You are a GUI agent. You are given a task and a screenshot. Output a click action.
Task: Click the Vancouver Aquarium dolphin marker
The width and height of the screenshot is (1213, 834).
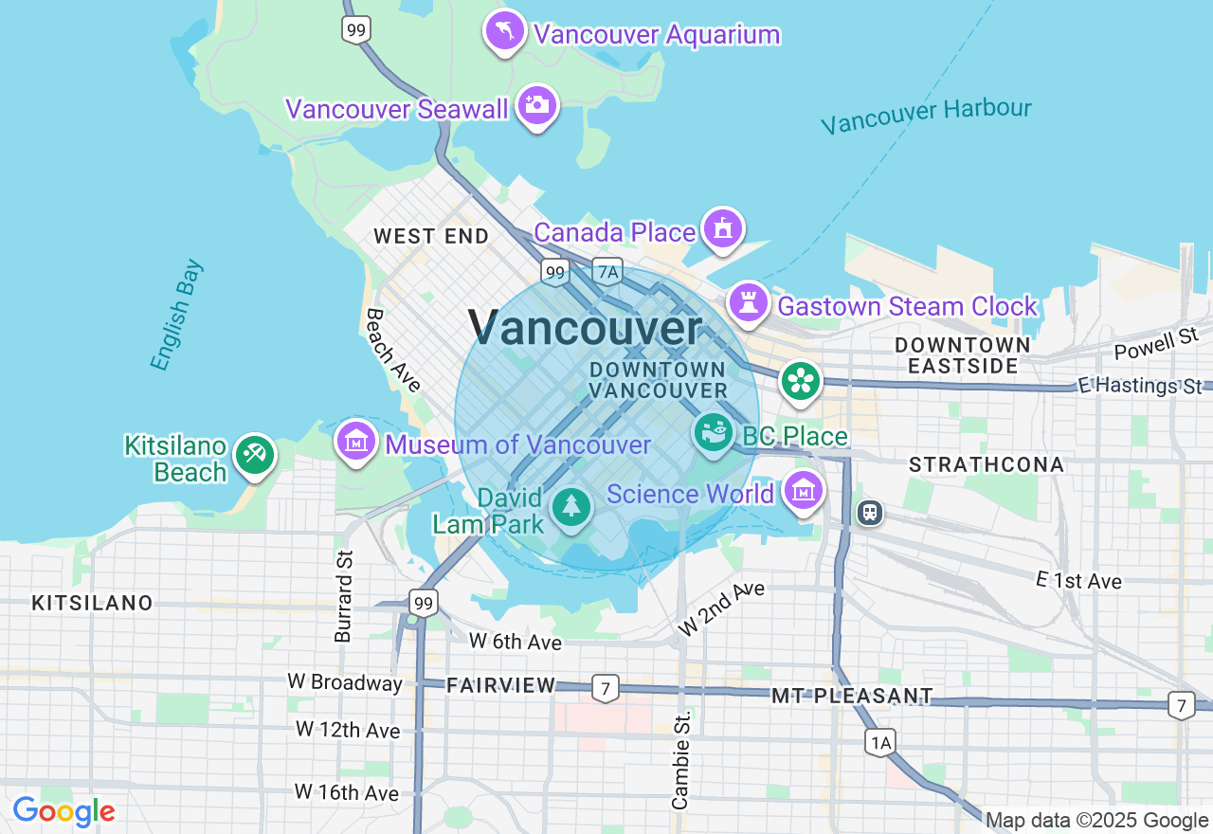point(505,31)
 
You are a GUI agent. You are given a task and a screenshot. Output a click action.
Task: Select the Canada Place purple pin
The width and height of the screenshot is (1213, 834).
point(723,228)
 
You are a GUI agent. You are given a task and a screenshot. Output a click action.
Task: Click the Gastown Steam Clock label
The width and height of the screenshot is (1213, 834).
point(907,306)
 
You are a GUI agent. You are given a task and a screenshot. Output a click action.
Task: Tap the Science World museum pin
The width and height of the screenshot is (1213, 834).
point(804,491)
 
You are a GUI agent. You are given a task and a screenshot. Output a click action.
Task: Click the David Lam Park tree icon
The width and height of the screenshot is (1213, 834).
point(570,507)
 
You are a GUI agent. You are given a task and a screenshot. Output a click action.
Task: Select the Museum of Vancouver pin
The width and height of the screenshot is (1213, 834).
point(357,441)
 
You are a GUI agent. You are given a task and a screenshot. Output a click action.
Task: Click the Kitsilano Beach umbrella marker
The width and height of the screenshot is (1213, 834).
point(254,454)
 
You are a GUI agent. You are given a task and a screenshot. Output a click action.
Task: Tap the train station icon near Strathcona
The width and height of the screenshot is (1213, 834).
point(869,513)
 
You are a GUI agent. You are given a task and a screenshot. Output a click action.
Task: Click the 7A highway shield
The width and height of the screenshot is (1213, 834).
point(607,272)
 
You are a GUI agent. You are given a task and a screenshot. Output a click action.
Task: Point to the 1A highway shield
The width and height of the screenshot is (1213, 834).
point(879,743)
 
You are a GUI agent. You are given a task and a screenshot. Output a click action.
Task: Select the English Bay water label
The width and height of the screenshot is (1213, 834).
point(176,315)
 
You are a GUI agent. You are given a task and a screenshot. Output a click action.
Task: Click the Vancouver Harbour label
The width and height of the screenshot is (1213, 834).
point(925,116)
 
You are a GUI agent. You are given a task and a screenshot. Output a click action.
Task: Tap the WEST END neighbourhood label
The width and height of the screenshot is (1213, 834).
point(431,236)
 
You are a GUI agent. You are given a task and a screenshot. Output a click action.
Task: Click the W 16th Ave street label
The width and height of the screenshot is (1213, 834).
point(346,791)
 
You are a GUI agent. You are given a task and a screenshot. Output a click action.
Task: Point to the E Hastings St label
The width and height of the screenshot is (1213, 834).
point(1140,386)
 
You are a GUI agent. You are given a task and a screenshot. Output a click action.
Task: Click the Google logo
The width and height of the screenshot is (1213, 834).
point(64,812)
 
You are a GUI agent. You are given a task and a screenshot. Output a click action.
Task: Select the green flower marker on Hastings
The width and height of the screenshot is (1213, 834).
point(801,381)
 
